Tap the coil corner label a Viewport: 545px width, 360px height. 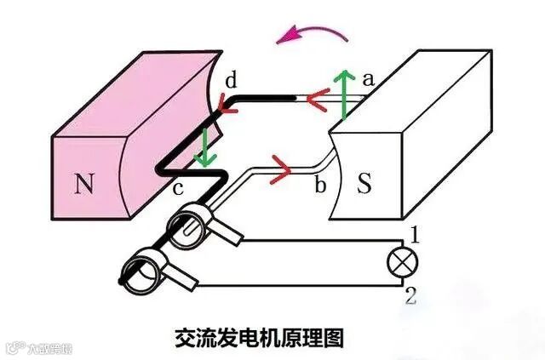tap(368, 79)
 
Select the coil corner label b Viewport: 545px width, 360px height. tap(320, 185)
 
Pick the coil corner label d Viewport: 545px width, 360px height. tap(231, 81)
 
